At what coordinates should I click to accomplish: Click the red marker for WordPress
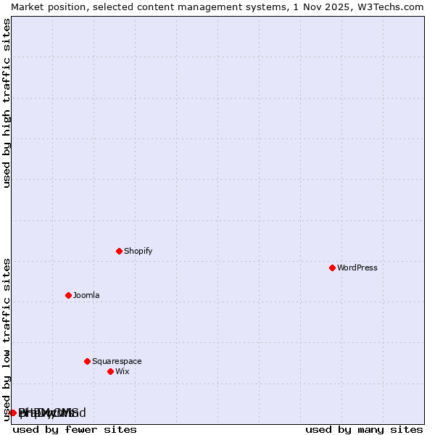coord(332,268)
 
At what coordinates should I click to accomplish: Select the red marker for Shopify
coord(119,251)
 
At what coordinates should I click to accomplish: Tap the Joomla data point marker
coord(68,295)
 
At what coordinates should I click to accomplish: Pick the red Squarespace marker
coord(87,361)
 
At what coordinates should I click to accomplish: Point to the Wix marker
coord(110,371)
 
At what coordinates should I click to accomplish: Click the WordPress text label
coord(357,268)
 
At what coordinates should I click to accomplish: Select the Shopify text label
coord(138,251)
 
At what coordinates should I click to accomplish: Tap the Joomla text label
coord(86,295)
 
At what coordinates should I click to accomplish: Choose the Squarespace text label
coord(117,361)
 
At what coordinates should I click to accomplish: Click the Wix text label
coord(123,371)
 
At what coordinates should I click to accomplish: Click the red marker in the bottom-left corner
coord(12,413)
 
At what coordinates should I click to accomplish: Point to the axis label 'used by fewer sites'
coord(75,430)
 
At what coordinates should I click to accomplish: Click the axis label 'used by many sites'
coord(364,430)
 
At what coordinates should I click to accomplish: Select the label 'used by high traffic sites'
coord(7,103)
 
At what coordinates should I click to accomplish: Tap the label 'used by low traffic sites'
coord(7,339)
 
